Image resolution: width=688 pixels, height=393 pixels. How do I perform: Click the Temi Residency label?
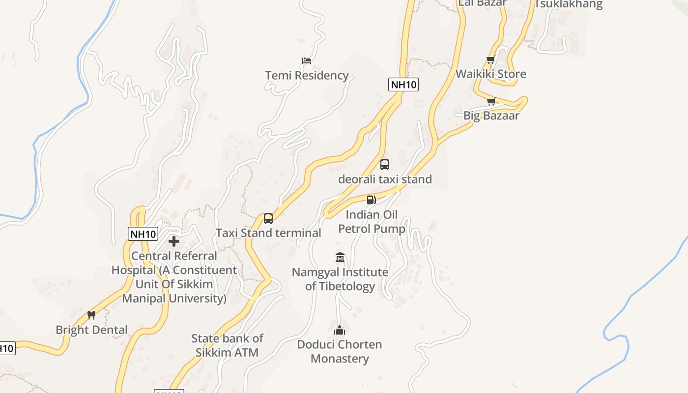click(x=307, y=75)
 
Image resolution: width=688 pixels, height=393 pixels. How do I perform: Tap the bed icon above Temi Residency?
click(x=307, y=61)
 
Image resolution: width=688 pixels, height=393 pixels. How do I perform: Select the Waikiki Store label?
click(x=490, y=74)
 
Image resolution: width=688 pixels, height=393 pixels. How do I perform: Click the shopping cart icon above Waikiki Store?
click(x=490, y=60)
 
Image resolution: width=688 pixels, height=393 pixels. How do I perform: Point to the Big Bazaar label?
click(x=491, y=115)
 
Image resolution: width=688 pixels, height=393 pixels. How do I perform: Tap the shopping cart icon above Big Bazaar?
click(x=491, y=101)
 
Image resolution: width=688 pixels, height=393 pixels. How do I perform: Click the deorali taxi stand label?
click(x=385, y=179)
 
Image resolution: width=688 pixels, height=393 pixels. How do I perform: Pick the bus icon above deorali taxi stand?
click(x=385, y=165)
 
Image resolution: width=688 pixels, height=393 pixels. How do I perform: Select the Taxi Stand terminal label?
click(x=268, y=233)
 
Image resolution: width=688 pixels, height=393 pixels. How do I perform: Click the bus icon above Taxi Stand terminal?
click(x=268, y=219)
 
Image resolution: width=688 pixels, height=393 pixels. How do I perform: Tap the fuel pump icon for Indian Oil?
click(x=372, y=199)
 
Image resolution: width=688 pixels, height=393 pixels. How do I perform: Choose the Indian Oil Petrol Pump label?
click(x=372, y=222)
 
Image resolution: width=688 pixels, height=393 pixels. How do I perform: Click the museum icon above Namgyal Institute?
click(x=340, y=257)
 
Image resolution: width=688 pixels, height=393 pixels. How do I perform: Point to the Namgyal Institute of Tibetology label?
click(x=340, y=279)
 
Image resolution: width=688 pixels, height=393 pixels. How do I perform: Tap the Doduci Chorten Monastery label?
click(x=340, y=351)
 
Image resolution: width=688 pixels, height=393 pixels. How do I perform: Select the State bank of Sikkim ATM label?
click(x=227, y=345)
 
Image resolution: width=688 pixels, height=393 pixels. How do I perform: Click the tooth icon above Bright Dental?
click(x=91, y=315)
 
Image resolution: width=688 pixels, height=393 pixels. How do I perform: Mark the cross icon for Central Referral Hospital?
click(x=174, y=241)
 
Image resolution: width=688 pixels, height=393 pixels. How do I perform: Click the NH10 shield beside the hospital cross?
click(x=143, y=234)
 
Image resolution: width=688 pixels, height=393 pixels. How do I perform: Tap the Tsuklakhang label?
click(x=569, y=4)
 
